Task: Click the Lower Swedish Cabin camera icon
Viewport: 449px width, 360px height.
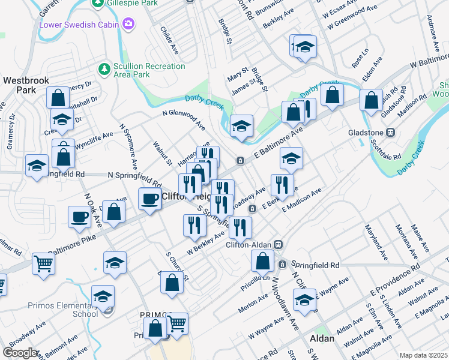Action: (127, 25)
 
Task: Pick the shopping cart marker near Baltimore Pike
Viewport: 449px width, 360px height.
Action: (44, 263)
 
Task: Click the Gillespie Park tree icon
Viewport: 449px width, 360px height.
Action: (98, 4)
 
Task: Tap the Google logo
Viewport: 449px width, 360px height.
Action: (20, 353)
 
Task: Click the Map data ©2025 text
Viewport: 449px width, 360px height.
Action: (423, 355)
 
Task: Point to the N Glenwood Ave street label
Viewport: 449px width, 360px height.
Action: (184, 119)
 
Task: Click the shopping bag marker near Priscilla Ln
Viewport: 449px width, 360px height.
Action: (262, 260)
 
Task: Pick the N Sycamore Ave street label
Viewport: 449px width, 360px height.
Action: (130, 147)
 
